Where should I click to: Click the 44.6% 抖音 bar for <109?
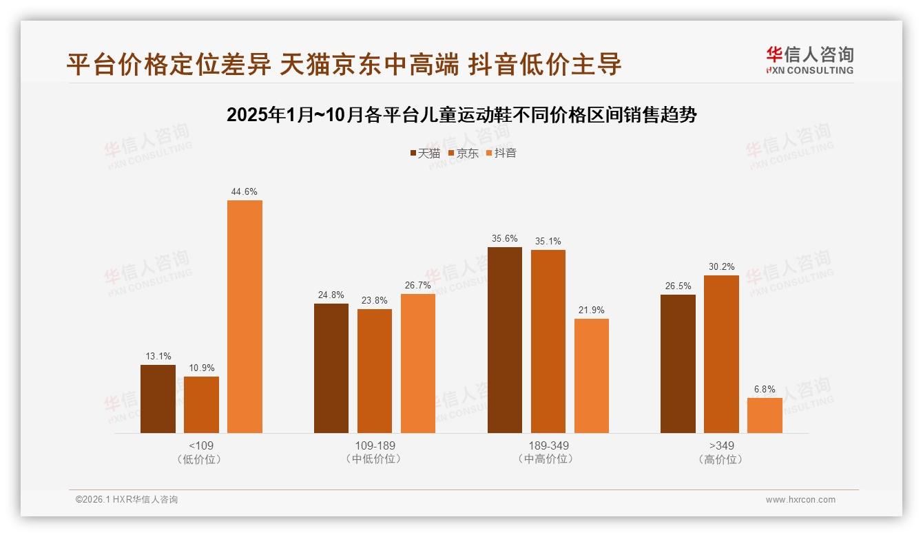point(245,317)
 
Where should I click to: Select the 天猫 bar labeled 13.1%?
point(158,399)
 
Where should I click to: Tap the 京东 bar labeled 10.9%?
point(201,405)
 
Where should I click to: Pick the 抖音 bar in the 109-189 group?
point(418,364)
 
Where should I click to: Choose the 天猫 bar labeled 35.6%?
point(505,340)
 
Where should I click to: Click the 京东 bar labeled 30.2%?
point(721,354)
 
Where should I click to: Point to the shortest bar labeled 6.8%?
point(765,415)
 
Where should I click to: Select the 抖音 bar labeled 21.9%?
point(592,376)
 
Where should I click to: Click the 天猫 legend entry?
point(425,153)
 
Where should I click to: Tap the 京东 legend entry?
point(463,153)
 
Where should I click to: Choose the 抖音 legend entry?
point(501,153)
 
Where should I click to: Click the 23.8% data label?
point(375,301)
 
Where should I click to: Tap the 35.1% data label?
point(548,242)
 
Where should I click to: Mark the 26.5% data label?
point(678,286)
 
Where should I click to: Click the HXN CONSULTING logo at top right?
point(809,61)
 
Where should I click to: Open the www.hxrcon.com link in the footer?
point(800,500)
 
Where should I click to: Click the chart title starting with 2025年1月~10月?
point(461,115)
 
